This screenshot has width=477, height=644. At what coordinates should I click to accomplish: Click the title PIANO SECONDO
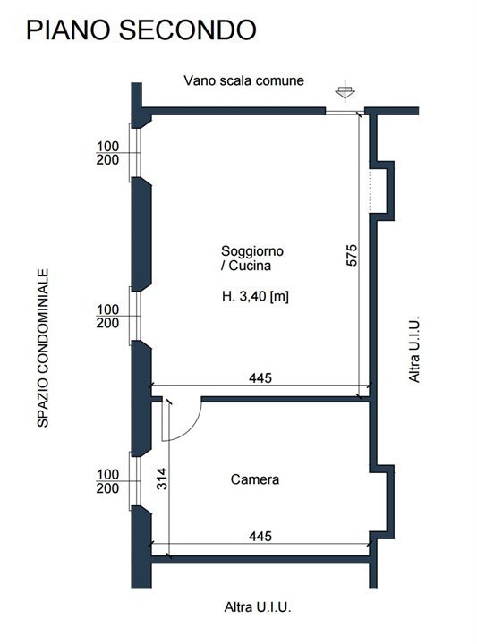141,30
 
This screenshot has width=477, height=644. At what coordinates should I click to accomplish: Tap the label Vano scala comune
243,80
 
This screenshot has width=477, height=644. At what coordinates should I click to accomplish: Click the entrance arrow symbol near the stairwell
345,91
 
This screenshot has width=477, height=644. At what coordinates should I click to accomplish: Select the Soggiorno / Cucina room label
251,258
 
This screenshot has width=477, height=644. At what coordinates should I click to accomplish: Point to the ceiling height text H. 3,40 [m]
255,296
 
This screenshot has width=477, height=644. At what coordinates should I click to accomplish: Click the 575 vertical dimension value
352,255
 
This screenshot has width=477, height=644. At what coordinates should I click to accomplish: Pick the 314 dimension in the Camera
163,479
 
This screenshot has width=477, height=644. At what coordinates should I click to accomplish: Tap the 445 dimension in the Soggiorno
260,377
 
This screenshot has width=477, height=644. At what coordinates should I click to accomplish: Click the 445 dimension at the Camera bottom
260,536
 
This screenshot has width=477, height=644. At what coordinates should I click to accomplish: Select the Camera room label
255,479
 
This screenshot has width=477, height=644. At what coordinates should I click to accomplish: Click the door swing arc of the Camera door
192,428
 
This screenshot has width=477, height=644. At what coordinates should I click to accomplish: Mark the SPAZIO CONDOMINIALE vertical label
43,348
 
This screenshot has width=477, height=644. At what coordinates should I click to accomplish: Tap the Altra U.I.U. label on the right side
414,349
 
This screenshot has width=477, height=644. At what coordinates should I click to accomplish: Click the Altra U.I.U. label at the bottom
258,606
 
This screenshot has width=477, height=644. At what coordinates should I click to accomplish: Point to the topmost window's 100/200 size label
107,153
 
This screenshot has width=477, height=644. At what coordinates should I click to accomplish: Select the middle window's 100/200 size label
107,316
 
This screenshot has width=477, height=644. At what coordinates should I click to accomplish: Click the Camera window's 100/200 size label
107,481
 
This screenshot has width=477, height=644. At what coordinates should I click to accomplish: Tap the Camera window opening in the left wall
135,481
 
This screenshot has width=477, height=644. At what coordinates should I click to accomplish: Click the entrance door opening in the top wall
341,111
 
